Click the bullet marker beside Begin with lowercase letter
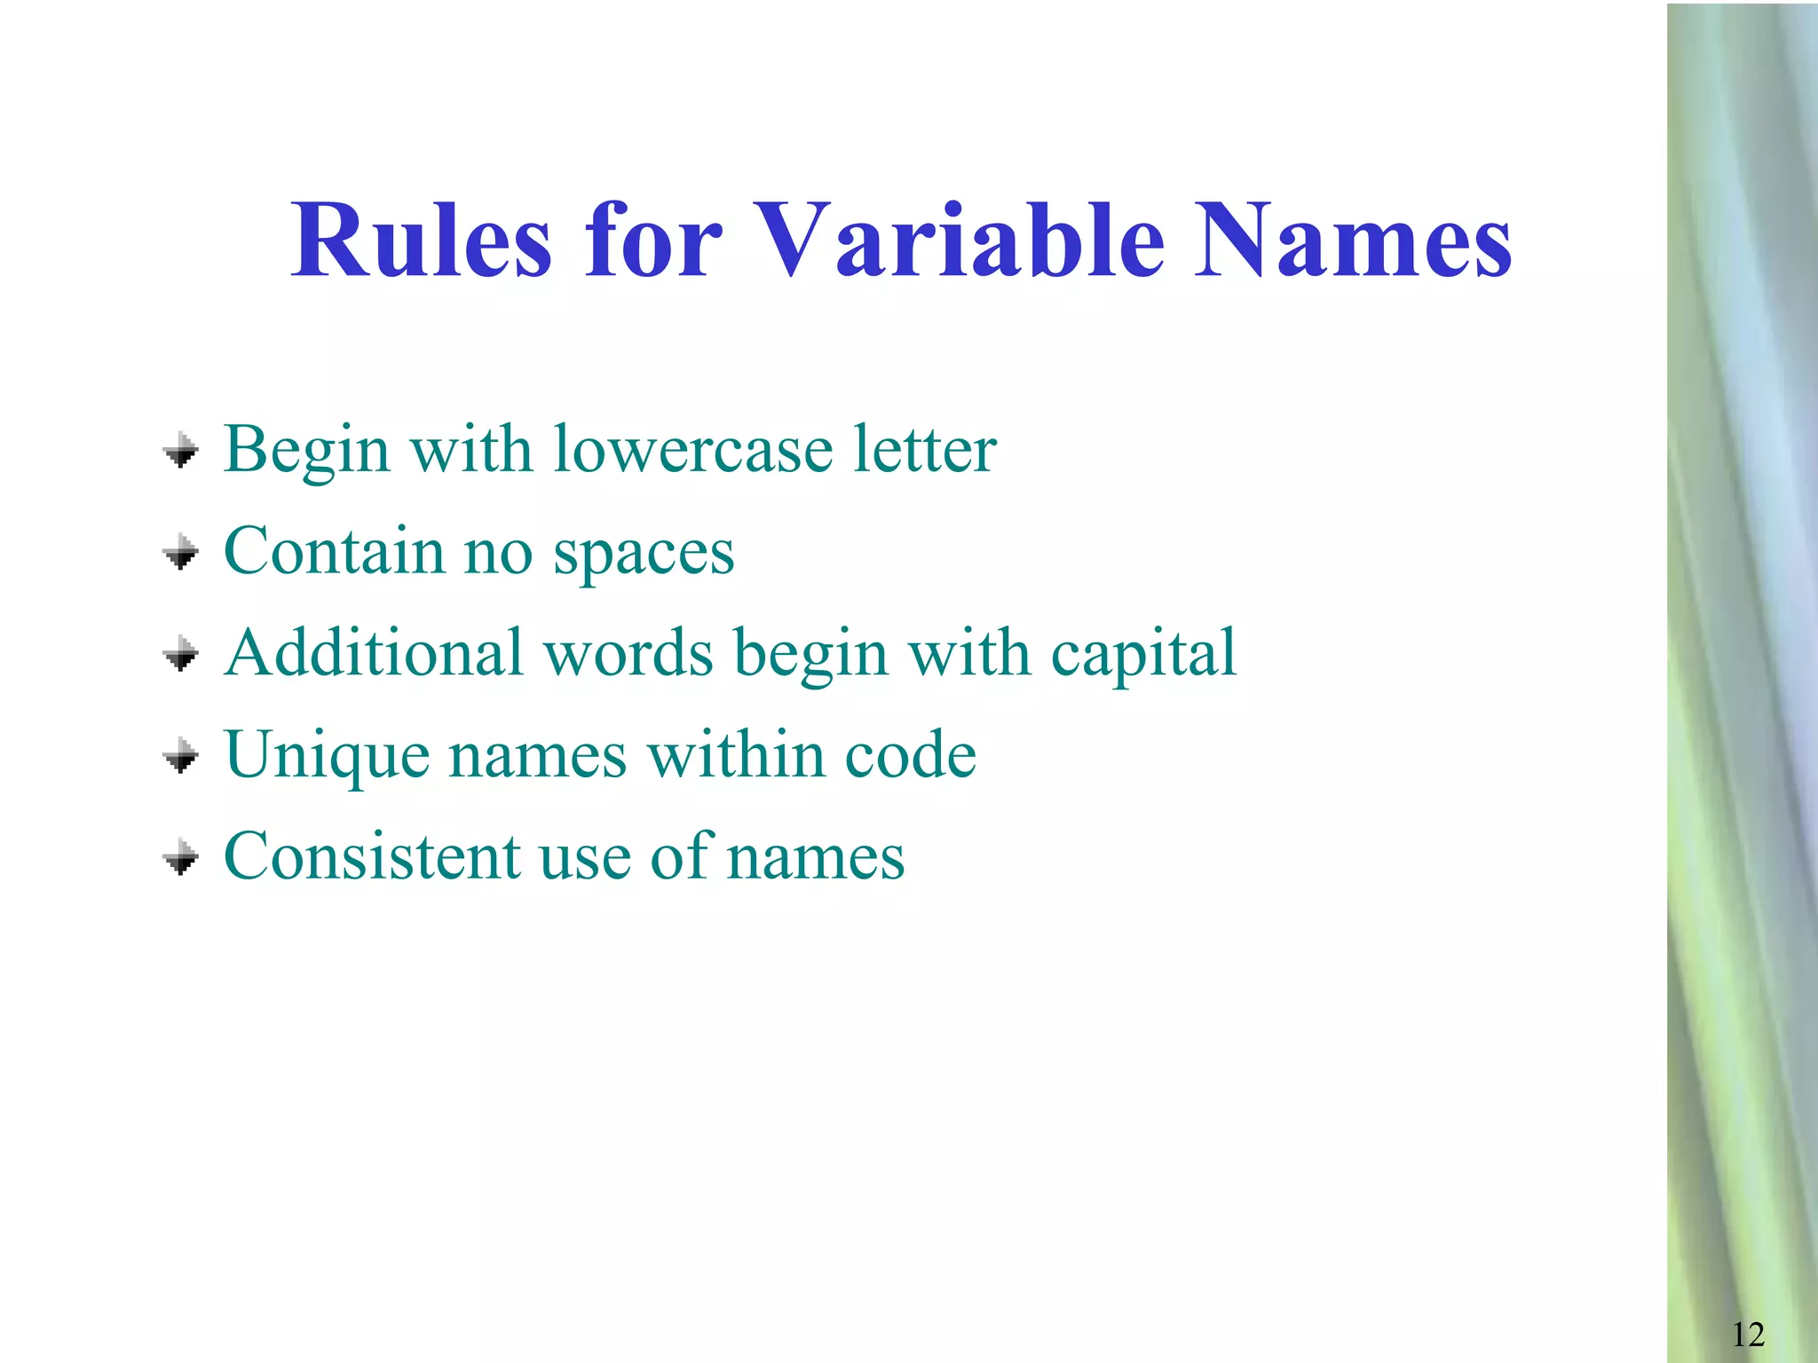[x=181, y=451]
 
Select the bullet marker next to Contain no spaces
[x=181, y=553]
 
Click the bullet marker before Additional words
[x=181, y=655]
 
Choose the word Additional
[x=374, y=653]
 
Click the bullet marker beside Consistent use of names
[x=181, y=858]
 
